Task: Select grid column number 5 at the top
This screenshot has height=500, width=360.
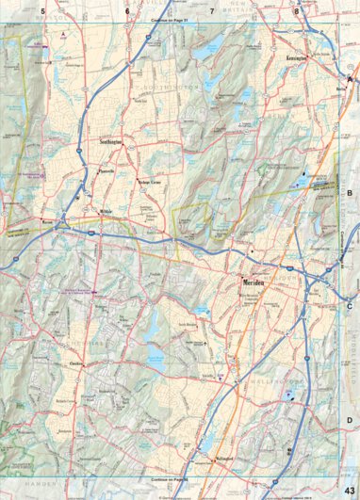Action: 42,11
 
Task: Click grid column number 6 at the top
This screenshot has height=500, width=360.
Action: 126,11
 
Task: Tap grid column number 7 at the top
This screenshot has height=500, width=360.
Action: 212,11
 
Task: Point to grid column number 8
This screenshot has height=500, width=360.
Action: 297,11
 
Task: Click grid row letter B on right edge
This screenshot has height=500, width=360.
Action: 350,192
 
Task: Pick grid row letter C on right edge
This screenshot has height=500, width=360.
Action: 350,306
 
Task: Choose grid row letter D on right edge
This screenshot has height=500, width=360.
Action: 350,420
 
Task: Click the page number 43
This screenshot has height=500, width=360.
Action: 350,486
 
